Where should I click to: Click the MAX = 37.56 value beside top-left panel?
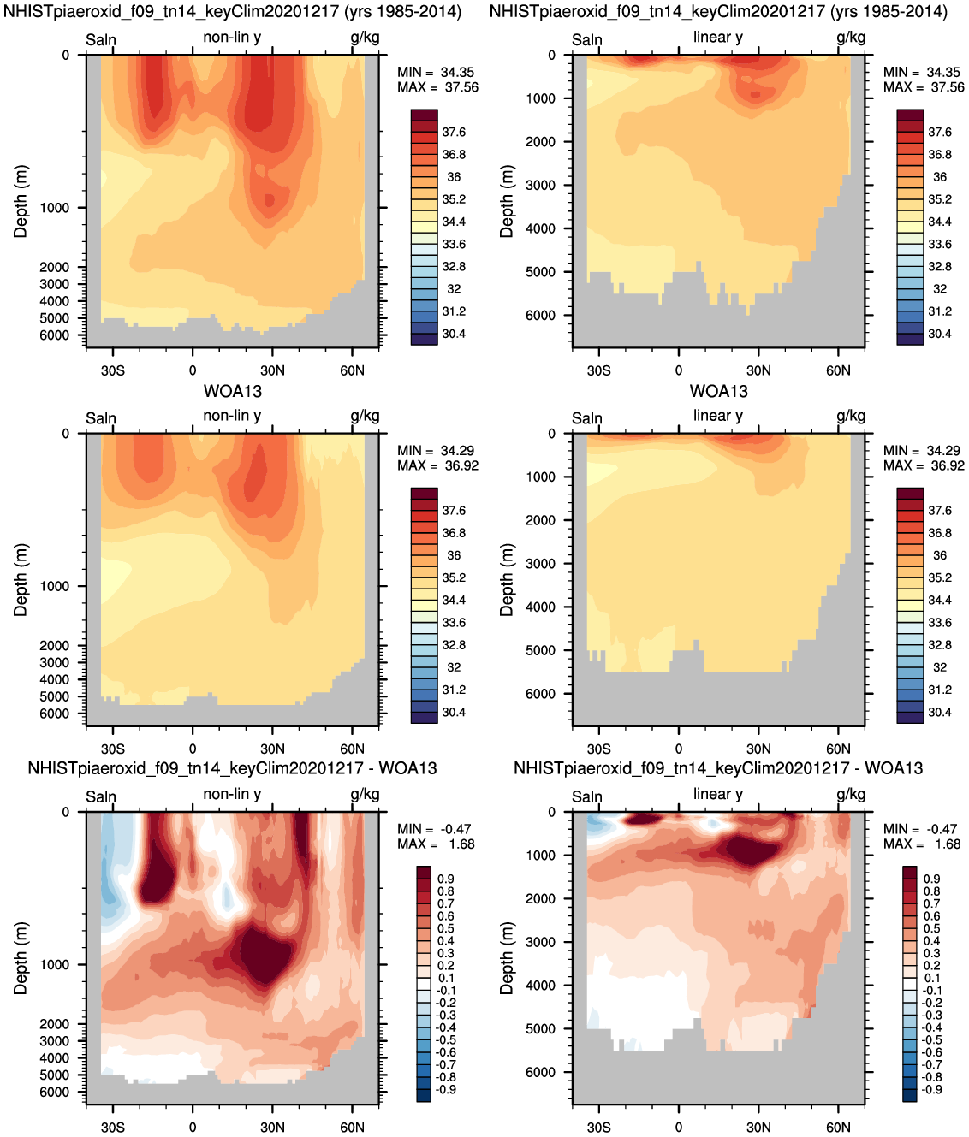[437, 87]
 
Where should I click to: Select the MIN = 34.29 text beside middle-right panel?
[922, 451]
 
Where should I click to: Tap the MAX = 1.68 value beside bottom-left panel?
[436, 844]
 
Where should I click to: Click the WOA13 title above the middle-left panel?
[233, 391]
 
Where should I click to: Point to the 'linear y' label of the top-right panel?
[718, 38]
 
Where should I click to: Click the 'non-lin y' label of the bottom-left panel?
[232, 794]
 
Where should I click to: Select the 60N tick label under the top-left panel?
[352, 370]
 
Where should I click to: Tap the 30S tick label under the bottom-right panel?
[598, 1127]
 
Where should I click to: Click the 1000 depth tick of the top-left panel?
[55, 208]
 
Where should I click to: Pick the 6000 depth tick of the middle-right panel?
[541, 694]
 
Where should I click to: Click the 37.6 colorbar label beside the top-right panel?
[939, 132]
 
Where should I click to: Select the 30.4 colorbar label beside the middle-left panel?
[454, 713]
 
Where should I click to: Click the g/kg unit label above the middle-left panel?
[365, 416]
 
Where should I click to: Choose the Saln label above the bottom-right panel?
[587, 796]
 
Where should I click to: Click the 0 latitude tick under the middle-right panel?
[679, 749]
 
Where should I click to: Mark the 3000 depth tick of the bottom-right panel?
[541, 942]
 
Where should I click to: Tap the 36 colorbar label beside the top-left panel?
[454, 176]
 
